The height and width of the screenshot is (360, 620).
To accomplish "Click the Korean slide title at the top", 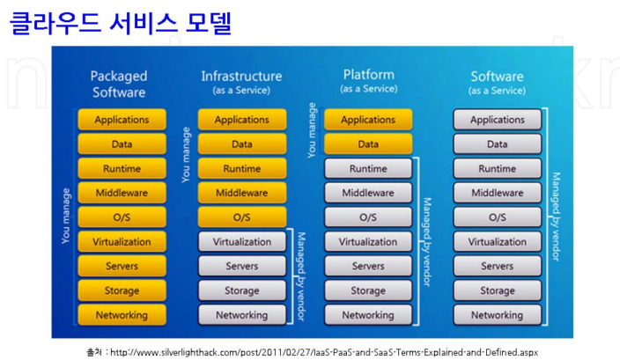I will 121,23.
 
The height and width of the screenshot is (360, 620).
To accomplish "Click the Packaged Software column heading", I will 119,84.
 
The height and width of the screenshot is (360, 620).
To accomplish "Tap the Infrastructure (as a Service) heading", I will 241,82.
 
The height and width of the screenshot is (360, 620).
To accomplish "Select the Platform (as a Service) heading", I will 368,80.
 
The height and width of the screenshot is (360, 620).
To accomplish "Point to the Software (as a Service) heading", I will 497,82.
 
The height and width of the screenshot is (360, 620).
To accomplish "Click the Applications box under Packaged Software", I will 122,120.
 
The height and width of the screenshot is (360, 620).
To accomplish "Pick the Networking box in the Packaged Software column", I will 122,315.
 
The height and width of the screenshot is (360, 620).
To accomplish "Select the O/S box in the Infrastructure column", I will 241,217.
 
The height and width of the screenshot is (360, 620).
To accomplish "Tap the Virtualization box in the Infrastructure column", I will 241,242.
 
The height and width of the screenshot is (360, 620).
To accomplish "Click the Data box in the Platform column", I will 368,144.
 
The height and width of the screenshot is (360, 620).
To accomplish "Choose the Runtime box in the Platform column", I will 368,169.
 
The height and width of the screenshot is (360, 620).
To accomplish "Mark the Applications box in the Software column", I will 497,120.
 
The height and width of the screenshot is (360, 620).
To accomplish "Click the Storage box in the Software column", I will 497,290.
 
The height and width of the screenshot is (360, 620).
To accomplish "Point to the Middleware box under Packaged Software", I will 122,193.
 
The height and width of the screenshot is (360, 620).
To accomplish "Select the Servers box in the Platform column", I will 368,266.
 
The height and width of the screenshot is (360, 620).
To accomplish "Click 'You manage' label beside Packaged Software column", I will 66,215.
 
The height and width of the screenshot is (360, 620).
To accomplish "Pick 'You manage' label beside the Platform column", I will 312,130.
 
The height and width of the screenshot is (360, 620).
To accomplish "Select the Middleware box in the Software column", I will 497,193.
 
